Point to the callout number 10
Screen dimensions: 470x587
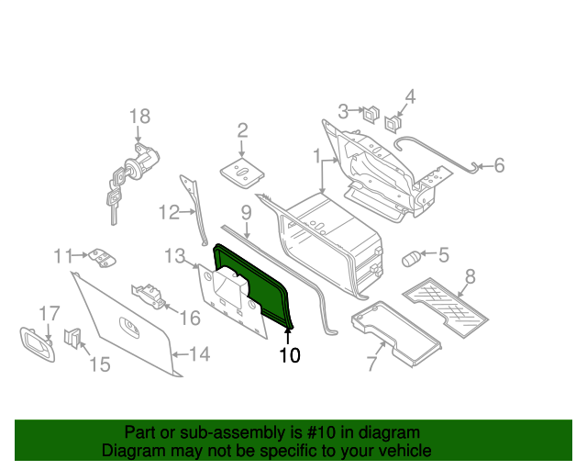[x=289, y=355]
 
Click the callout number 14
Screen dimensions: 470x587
[x=199, y=353]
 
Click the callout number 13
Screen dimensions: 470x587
[x=175, y=254]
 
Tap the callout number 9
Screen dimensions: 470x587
[x=246, y=213]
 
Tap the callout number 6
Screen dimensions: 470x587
[x=499, y=166]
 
